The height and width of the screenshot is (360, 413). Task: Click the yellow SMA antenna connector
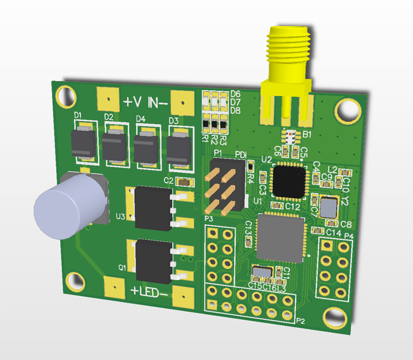[286, 69]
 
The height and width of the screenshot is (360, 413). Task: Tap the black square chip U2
[289, 181]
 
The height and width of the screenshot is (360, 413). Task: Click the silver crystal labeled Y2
[329, 206]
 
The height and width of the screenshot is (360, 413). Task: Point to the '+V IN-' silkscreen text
[145, 103]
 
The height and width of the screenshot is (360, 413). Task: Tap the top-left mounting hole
[64, 96]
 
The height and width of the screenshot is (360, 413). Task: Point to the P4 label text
[348, 237]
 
